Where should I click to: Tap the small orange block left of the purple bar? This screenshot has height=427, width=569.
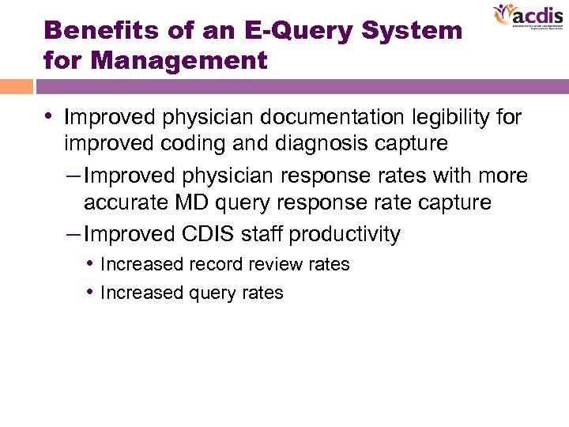coord(17,86)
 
